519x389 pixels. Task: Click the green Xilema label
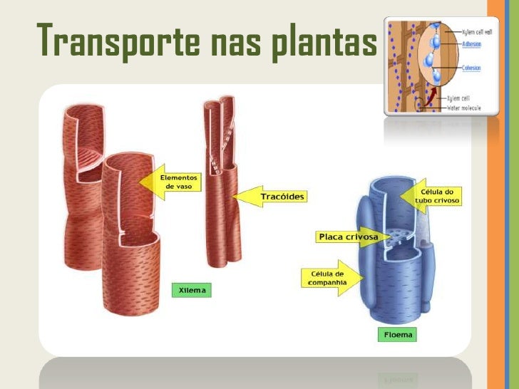click(x=192, y=291)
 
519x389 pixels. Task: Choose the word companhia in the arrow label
click(x=327, y=283)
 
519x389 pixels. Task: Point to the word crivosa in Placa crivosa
click(x=361, y=236)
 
